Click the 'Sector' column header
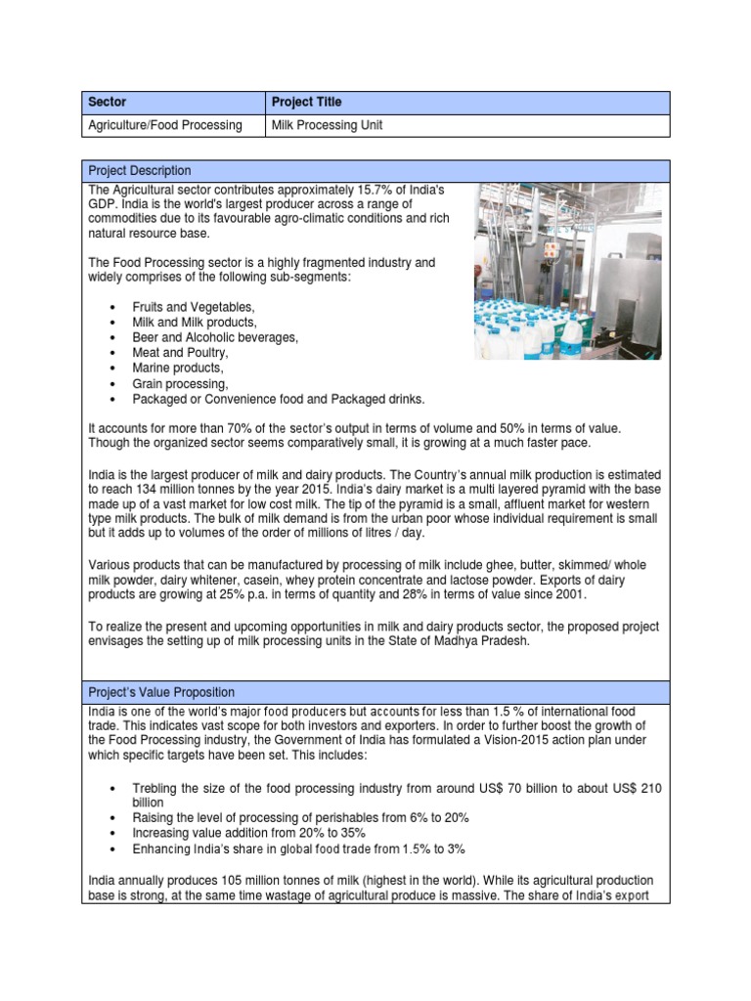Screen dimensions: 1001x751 click(x=107, y=102)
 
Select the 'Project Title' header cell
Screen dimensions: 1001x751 click(x=307, y=102)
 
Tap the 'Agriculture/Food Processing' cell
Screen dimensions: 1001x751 click(x=165, y=125)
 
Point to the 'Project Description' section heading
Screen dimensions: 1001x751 click(x=140, y=171)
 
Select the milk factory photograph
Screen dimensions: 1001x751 click(x=571, y=270)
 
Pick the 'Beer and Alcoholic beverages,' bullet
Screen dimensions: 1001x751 click(x=215, y=337)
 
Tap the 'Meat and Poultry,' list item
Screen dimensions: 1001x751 click(x=179, y=353)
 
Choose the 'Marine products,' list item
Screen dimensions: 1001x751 click(x=177, y=369)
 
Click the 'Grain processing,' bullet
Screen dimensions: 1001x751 click(x=180, y=384)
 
